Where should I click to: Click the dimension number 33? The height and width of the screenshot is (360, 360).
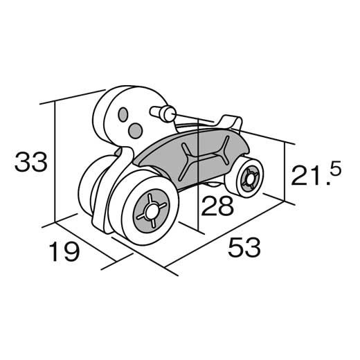click(31, 161)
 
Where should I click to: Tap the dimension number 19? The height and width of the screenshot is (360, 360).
click(64, 251)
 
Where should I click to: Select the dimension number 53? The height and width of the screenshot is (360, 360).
click(244, 247)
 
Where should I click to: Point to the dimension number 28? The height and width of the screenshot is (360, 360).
click(217, 206)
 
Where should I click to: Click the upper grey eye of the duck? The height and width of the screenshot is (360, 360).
click(123, 114)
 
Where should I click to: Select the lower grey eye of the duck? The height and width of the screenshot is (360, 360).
click(135, 131)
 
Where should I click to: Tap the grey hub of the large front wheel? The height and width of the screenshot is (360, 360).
click(152, 210)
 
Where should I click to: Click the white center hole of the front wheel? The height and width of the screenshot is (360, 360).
click(151, 210)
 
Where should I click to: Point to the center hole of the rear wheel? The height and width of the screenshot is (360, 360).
click(249, 179)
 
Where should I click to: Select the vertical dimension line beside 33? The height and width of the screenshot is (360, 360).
click(55, 161)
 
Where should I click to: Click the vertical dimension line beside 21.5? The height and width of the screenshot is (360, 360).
click(285, 172)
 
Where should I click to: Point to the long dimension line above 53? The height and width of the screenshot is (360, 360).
click(224, 235)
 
